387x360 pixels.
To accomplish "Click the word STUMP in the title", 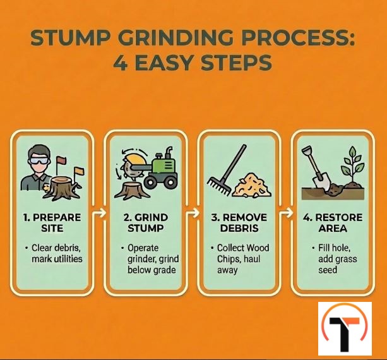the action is [70, 38].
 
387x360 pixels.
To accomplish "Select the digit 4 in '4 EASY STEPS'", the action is [121, 63].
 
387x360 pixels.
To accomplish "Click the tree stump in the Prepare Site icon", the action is [62, 188].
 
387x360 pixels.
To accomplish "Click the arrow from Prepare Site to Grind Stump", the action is [99, 213].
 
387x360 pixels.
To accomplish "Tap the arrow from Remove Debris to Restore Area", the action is [286, 213].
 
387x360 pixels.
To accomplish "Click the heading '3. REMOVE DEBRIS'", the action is [239, 223].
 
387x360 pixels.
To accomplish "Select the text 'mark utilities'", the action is [57, 259].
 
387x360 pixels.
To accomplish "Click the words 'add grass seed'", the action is [337, 265].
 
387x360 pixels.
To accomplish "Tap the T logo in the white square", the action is [344, 328].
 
